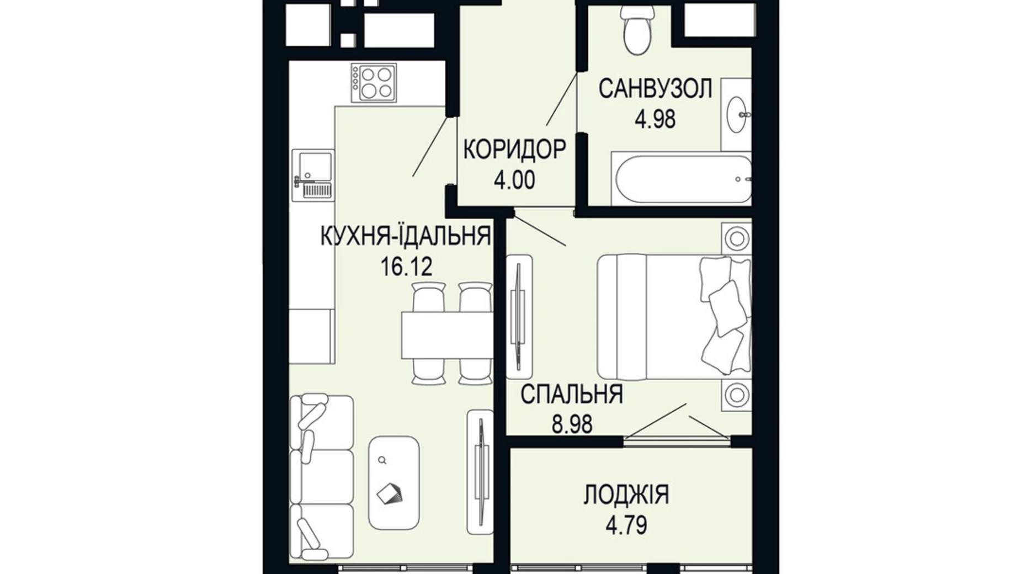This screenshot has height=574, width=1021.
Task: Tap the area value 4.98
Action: (655, 119)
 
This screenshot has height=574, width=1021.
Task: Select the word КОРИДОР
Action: (514, 150)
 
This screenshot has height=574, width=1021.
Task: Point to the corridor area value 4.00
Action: (514, 180)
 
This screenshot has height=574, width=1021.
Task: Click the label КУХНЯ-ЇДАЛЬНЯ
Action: (406, 236)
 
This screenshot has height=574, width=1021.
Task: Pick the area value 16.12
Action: (406, 267)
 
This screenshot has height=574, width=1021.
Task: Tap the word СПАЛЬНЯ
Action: (571, 395)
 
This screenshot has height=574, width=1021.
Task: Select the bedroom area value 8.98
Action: (572, 424)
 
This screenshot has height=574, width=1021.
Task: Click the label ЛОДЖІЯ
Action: (626, 495)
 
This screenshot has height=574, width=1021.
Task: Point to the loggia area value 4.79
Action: (626, 525)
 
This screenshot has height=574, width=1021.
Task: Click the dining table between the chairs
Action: (447, 334)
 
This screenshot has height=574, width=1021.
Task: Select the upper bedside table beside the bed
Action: (736, 239)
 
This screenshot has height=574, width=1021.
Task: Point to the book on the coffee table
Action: (390, 493)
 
